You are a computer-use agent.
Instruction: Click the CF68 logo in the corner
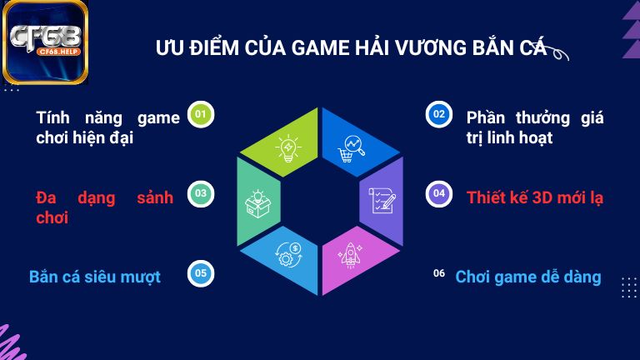click(45, 42)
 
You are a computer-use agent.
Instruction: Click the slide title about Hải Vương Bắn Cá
click(350, 47)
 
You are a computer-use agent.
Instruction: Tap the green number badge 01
click(200, 113)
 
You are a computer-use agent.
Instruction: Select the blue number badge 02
click(438, 113)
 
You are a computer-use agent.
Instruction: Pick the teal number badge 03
click(200, 194)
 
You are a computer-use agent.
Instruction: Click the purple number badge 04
click(438, 194)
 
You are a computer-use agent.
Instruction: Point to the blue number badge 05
click(200, 272)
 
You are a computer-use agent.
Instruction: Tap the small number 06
click(439, 272)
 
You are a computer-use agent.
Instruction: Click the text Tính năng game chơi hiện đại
click(107, 127)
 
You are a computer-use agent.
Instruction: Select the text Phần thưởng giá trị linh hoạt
click(535, 127)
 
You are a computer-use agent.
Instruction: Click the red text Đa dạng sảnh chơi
click(104, 207)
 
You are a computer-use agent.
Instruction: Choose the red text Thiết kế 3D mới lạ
click(535, 197)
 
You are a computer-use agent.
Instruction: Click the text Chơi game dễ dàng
click(527, 277)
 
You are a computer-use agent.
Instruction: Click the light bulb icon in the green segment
click(288, 147)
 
